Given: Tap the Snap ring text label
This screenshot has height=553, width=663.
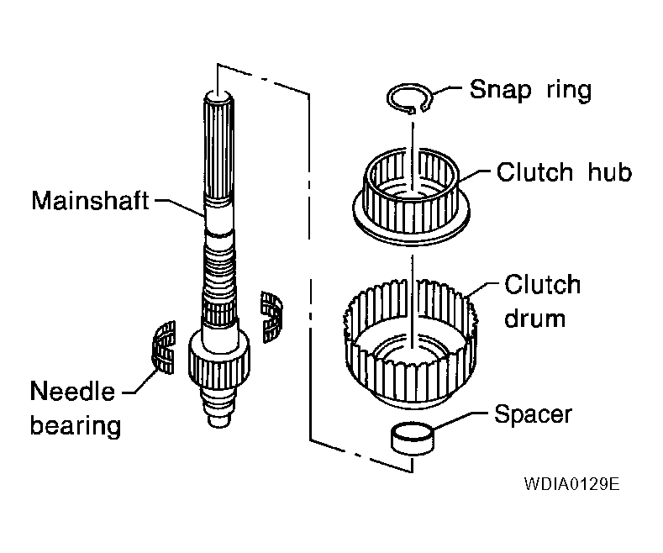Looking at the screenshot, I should [530, 90].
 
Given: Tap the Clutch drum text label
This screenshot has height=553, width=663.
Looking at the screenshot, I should [542, 300].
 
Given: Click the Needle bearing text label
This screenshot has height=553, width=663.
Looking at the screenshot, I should [76, 408].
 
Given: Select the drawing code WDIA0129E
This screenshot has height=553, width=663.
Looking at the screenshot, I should [571, 485].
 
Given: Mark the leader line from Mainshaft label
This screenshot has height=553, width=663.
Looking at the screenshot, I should [181, 204].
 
